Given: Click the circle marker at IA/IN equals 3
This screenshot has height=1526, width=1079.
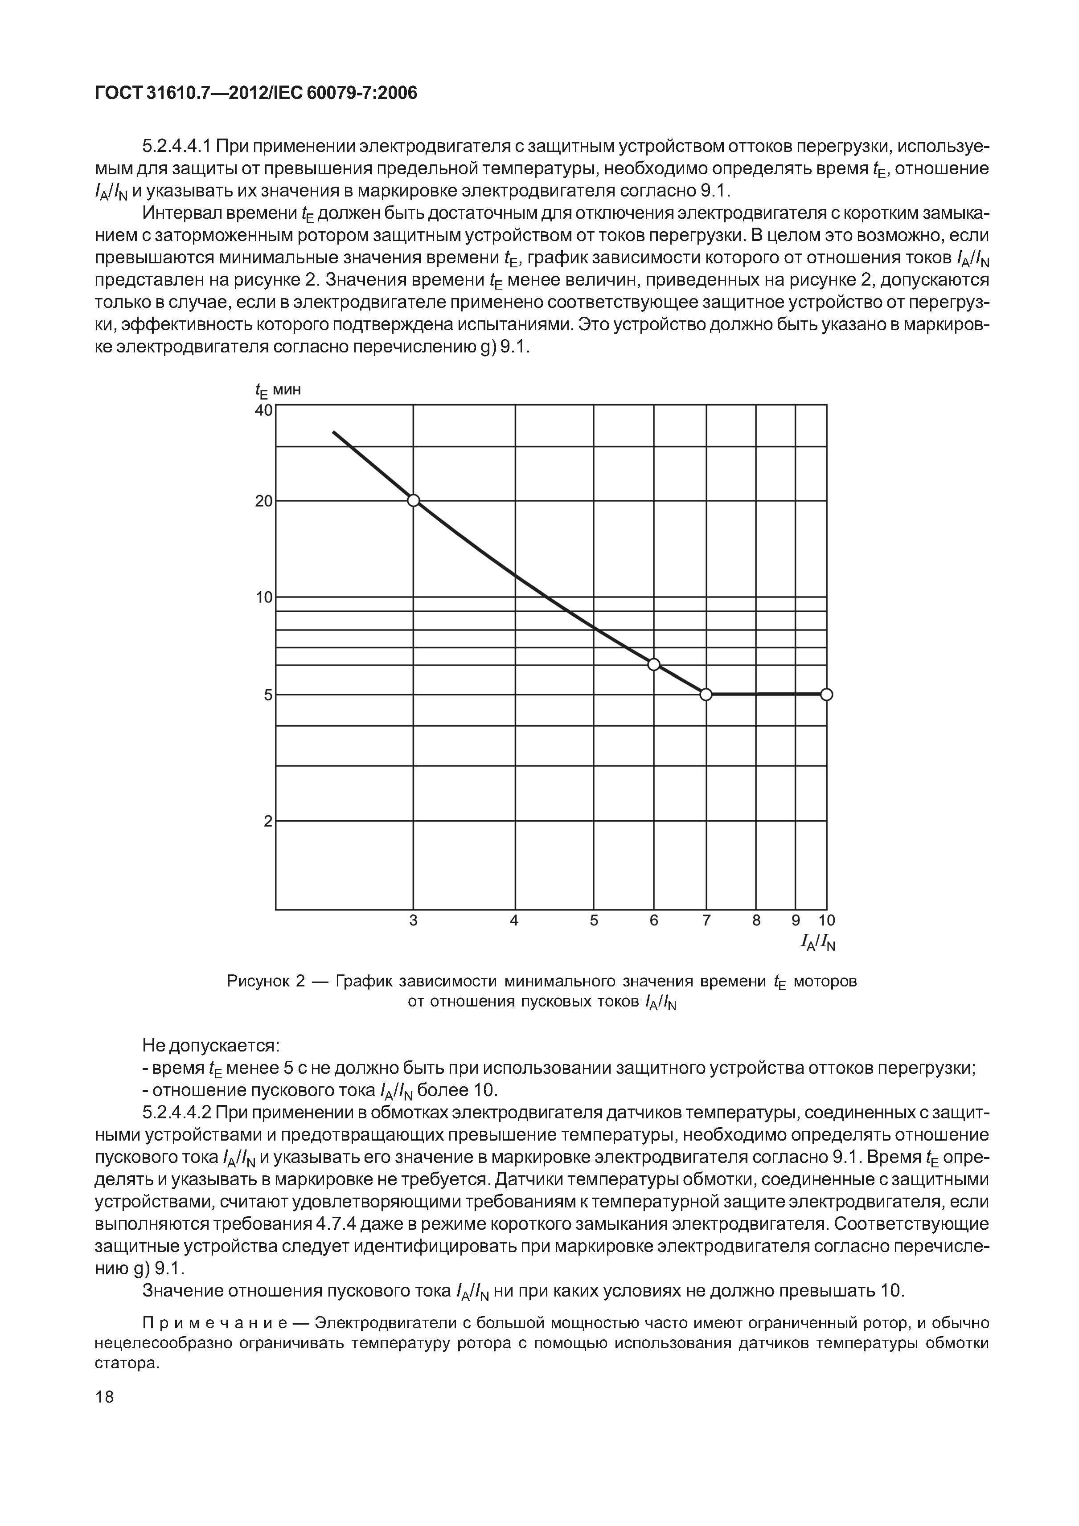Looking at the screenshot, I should (414, 500).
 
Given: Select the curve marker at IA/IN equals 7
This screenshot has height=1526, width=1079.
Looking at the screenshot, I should (706, 695).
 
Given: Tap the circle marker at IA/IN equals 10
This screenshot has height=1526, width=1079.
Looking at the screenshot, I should (826, 695).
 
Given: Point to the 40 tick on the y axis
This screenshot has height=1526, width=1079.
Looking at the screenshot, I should (264, 410).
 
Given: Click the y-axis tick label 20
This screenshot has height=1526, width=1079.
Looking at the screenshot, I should (264, 501).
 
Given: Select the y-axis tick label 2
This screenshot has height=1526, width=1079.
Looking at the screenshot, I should (268, 822).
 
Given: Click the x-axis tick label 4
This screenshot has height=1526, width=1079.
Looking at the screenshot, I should (514, 921).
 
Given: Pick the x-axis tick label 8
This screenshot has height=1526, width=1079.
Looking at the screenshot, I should (756, 921).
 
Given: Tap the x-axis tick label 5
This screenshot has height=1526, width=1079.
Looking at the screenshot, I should (594, 921).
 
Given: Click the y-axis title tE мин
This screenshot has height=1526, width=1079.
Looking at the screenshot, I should (278, 391).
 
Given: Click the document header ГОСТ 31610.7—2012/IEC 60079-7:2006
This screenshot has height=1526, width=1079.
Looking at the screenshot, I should (256, 93).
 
